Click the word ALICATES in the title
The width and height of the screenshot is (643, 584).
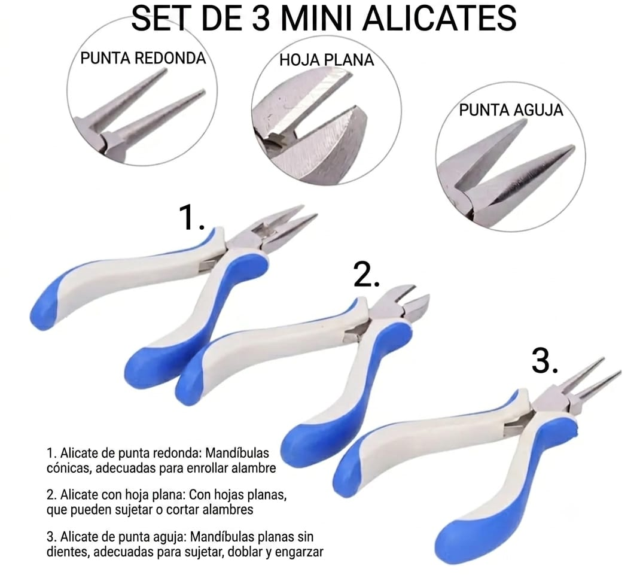point(439,17)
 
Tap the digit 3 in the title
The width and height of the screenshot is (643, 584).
point(261,17)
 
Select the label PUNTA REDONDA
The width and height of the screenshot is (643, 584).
point(143,58)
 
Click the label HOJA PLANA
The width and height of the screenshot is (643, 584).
point(327,60)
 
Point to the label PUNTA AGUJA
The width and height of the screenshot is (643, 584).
point(511,110)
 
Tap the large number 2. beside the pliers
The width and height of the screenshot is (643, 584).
point(366,275)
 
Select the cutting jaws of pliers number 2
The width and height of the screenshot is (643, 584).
point(397,303)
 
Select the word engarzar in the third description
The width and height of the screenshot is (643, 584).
point(299,552)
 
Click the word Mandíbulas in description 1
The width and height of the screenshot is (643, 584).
point(237,453)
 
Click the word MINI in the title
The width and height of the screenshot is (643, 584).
point(317,17)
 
